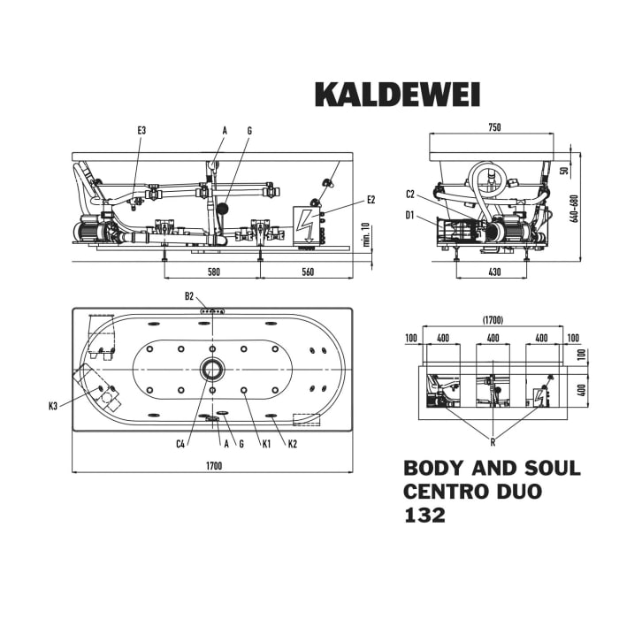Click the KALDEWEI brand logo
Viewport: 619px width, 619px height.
(x=397, y=94)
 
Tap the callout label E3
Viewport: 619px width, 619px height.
(x=141, y=131)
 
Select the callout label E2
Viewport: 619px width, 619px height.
(x=371, y=200)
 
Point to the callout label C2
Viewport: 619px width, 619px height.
(x=410, y=195)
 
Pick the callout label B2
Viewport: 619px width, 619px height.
(x=189, y=296)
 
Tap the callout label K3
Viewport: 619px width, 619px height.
(x=54, y=406)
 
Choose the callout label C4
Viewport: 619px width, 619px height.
(x=180, y=443)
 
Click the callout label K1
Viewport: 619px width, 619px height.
(x=265, y=443)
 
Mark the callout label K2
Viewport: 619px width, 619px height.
(x=293, y=443)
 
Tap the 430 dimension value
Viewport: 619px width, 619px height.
(x=494, y=273)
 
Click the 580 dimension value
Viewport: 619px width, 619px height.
(x=213, y=273)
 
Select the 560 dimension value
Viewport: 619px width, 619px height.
(x=308, y=273)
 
